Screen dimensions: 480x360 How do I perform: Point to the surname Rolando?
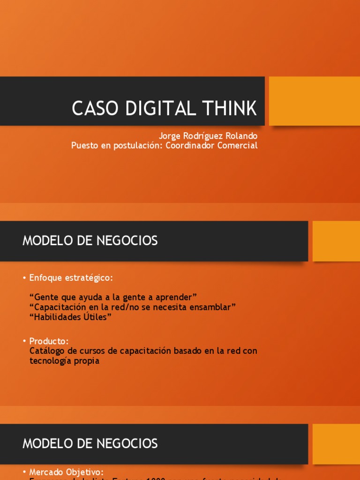click(x=240, y=136)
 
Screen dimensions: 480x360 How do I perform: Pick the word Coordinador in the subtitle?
click(x=190, y=145)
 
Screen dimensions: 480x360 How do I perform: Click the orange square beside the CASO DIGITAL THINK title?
click(x=315, y=101)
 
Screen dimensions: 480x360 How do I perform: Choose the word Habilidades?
click(x=56, y=317)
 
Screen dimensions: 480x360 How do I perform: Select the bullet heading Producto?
click(x=49, y=341)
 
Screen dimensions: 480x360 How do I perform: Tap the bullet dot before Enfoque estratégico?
click(x=24, y=278)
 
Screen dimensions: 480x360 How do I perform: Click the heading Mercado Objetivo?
click(x=66, y=472)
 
